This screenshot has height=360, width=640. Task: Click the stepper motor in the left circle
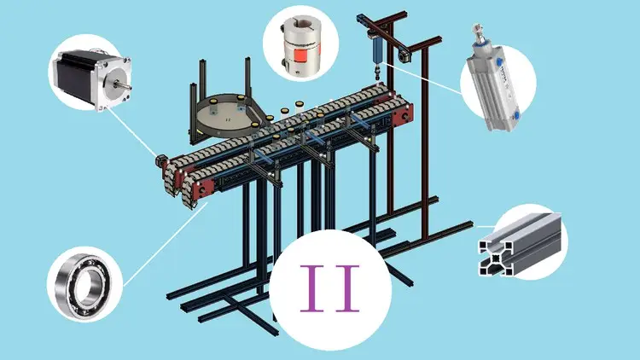pyautogui.click(x=92, y=78)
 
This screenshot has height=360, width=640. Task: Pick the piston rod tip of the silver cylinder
pyautogui.click(x=476, y=28)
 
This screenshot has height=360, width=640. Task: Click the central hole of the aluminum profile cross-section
pyautogui.click(x=495, y=258)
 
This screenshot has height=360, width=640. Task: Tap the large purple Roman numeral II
pyautogui.click(x=329, y=288)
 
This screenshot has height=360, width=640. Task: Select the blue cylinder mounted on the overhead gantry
pyautogui.click(x=376, y=49)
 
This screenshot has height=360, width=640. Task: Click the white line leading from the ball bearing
pyautogui.click(x=166, y=244)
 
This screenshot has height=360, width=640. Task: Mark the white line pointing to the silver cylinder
pyautogui.click(x=423, y=78)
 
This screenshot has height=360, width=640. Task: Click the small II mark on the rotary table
pyautogui.click(x=228, y=119)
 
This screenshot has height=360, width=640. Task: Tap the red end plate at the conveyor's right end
pyautogui.click(x=403, y=115)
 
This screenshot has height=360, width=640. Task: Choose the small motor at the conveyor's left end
pyautogui.click(x=160, y=160)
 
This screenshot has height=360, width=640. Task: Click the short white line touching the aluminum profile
pyautogui.click(x=486, y=226)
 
